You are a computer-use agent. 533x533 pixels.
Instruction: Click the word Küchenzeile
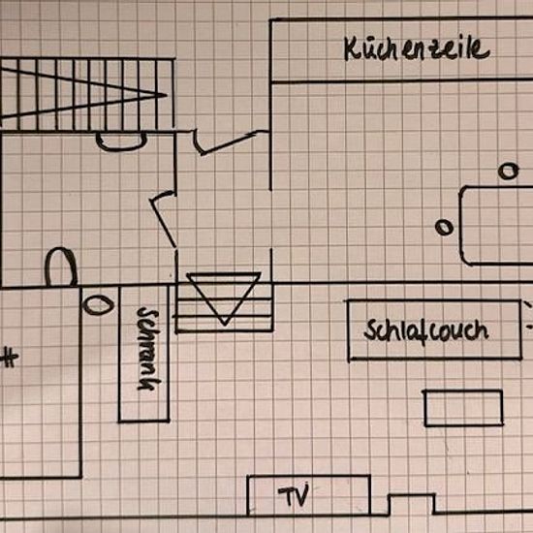[x=417, y=48]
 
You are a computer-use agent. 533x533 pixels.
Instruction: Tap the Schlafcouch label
[x=426, y=330]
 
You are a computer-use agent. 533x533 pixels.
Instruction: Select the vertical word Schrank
[x=148, y=349]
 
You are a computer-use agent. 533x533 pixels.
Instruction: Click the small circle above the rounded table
[x=509, y=171]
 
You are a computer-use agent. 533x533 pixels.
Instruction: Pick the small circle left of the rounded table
[x=444, y=227]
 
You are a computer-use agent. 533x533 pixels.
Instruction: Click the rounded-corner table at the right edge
[x=460, y=226]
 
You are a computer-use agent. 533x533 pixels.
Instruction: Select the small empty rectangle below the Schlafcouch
[x=463, y=392]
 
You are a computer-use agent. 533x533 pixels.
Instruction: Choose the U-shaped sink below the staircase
[x=121, y=148]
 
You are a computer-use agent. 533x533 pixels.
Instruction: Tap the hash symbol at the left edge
[x=10, y=358]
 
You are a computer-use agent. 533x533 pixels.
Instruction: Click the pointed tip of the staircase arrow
[x=168, y=95]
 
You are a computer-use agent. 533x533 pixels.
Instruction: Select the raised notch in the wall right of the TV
[x=411, y=495]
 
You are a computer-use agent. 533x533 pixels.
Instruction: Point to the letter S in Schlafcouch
[x=370, y=329]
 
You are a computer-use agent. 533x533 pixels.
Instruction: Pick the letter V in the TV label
[x=301, y=495]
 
